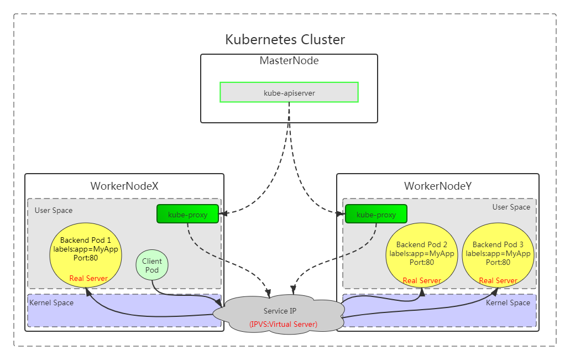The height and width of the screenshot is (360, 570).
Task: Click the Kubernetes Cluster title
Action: (285, 40)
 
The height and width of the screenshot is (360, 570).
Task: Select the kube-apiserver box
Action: (289, 92)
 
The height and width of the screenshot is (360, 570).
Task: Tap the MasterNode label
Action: (289, 61)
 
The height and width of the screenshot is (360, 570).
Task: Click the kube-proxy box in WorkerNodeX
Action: (187, 214)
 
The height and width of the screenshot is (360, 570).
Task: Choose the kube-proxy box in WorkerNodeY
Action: (376, 214)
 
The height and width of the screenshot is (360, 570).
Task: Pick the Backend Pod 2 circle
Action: (422, 252)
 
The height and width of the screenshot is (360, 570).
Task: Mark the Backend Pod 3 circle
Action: (498, 252)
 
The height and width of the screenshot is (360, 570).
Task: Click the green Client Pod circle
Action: (152, 265)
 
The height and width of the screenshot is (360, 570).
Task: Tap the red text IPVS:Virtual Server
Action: (283, 324)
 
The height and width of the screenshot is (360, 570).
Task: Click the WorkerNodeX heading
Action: (124, 186)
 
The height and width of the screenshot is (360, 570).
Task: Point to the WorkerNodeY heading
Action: (438, 186)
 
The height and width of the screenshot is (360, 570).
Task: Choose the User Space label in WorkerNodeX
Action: (54, 210)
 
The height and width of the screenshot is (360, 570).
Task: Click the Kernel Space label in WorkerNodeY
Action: (508, 303)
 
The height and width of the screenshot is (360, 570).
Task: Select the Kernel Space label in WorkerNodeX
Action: (51, 303)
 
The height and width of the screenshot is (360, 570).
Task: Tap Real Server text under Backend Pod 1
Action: (88, 278)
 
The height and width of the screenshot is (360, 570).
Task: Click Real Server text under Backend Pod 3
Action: (498, 280)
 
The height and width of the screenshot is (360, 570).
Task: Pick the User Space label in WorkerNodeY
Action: (511, 207)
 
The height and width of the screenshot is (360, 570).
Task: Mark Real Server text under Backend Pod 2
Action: (422, 280)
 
